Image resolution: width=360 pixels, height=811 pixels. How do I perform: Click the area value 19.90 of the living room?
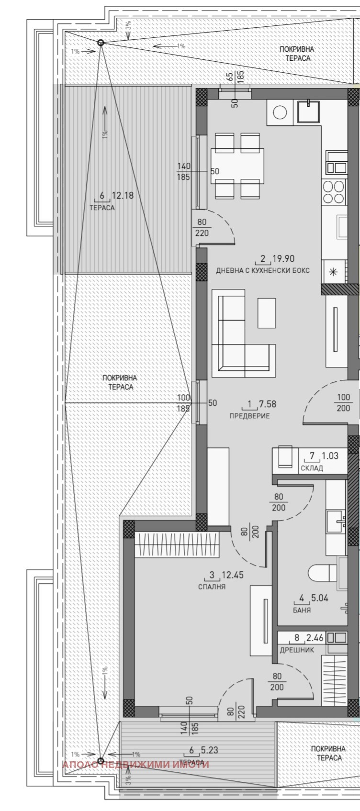click(283, 258)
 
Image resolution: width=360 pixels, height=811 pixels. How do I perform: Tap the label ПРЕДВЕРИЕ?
click(249, 416)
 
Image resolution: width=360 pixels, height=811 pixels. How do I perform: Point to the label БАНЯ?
click(302, 610)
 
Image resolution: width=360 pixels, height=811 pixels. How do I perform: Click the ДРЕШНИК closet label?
click(297, 650)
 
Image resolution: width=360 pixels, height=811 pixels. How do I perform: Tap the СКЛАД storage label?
click(312, 468)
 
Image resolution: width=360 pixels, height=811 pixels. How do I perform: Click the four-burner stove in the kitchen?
click(334, 192)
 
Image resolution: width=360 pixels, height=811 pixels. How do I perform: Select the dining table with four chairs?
click(237, 166)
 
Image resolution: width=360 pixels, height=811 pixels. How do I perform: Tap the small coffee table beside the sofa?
click(267, 313)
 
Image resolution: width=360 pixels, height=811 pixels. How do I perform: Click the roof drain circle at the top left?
click(101, 43)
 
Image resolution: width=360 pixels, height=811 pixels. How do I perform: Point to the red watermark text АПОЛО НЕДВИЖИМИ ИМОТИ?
click(136, 765)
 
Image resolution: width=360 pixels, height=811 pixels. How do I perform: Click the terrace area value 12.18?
click(123, 196)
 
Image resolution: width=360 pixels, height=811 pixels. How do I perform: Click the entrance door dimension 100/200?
click(343, 402)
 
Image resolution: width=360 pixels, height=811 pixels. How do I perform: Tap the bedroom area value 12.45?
click(233, 575)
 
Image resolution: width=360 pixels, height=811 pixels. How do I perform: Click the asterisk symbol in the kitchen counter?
click(333, 272)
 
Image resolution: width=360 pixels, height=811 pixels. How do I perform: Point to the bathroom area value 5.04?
click(319, 598)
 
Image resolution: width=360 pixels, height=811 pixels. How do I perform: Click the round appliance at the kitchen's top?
click(280, 112)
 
